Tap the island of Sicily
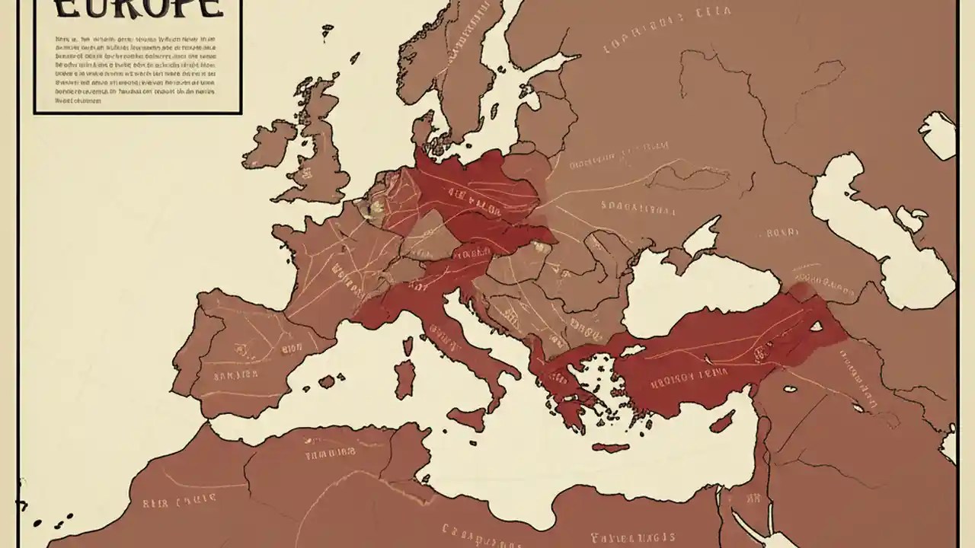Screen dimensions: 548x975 click(x=467, y=418)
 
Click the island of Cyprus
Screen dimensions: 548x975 click(x=721, y=421)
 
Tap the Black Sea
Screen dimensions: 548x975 click(x=686, y=289)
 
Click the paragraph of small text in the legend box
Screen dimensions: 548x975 click(x=136, y=68)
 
